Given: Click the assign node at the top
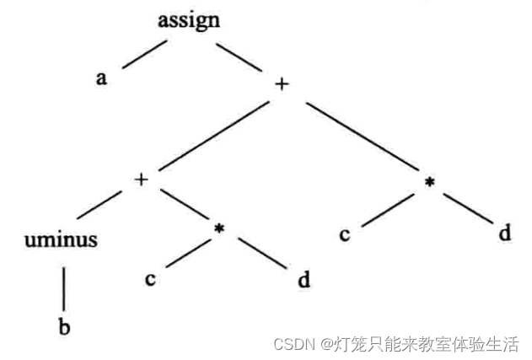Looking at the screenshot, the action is pos(189,19).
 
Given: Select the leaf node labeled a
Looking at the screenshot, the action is pos(101,78).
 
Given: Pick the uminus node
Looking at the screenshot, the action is pos(61,239).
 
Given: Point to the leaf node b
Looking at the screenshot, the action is pos(64,327).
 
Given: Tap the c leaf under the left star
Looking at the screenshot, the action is pos(149,279).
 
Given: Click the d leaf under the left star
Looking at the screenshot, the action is pos(303,279).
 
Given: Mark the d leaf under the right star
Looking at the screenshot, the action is pos(504,233).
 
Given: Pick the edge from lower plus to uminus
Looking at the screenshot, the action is pos(99,207).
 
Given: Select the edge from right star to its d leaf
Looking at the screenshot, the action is pos(466,208).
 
